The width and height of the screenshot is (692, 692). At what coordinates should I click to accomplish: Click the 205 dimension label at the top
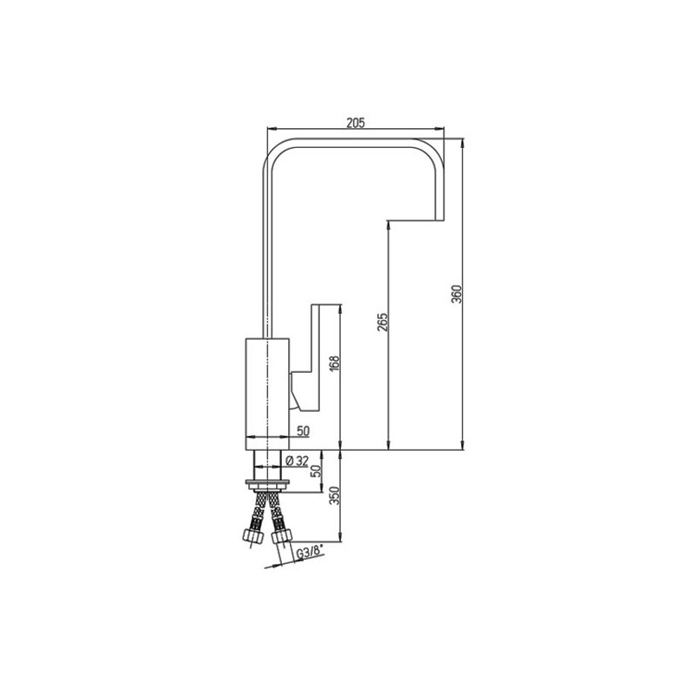356,123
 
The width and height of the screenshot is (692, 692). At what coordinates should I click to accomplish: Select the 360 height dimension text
457,294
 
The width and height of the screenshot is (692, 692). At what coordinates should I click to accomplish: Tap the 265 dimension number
382,322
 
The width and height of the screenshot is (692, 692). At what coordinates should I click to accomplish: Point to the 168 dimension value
335,363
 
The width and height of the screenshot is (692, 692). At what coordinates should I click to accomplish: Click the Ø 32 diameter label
297,461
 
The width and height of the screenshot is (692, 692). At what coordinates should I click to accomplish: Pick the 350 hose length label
335,496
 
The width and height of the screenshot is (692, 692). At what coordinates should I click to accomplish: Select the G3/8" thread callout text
310,553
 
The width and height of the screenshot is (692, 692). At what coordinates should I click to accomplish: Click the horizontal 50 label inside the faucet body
304,431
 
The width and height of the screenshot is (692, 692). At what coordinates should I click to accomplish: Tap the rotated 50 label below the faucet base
316,471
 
